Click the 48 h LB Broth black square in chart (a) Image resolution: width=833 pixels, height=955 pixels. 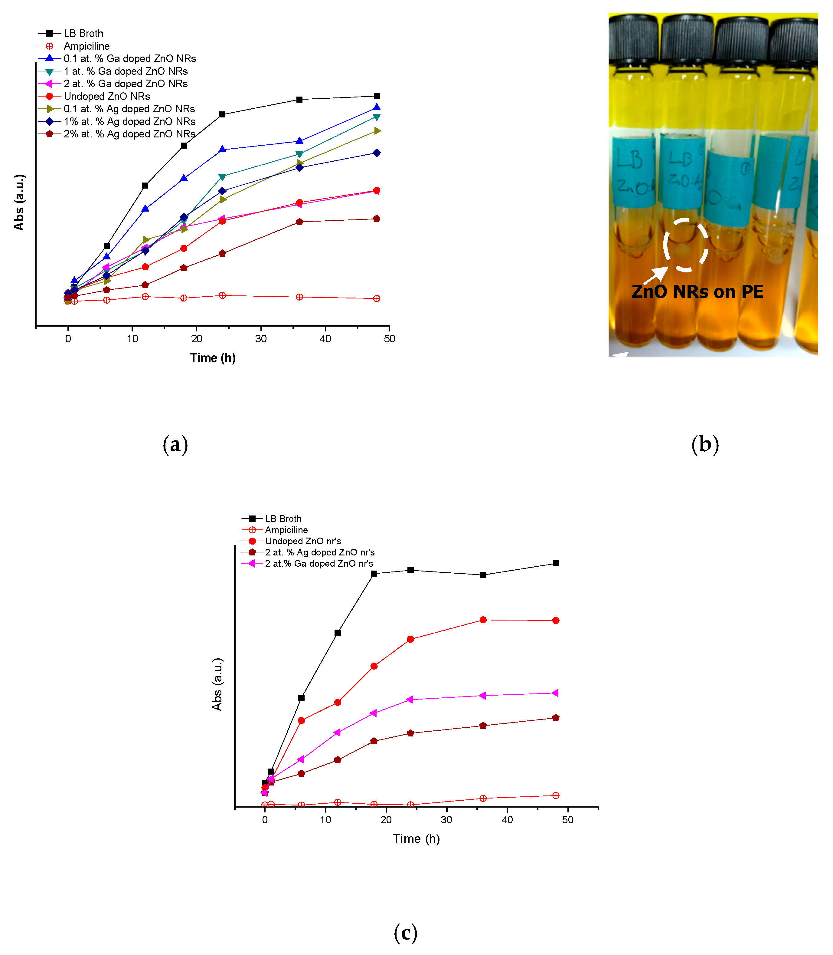377,96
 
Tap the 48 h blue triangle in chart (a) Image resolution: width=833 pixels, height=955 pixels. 377,107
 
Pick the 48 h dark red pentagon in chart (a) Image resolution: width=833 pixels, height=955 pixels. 377,219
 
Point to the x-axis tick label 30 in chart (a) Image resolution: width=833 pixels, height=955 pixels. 261,339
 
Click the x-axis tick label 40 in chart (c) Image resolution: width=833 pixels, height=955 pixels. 507,820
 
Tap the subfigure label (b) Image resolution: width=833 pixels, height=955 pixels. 705,444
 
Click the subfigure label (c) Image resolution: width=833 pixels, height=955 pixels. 405,933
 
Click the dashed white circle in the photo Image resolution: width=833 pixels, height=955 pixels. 685,245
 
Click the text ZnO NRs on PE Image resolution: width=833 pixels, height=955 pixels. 697,292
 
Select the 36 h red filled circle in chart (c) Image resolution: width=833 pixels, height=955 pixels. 483,620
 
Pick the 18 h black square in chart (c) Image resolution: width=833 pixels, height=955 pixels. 374,574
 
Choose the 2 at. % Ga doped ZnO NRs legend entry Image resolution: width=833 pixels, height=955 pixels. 126,84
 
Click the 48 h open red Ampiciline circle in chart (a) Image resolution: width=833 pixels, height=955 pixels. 377,299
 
